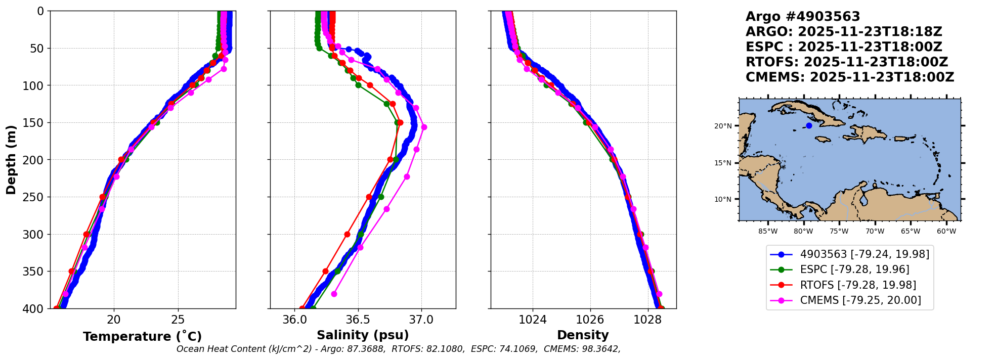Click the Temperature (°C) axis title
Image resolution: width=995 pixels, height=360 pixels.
[x=142, y=336]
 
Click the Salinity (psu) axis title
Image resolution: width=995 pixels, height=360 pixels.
[x=363, y=335]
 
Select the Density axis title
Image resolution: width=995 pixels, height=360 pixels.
[x=583, y=335]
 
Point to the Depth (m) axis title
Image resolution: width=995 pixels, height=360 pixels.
[x=11, y=159]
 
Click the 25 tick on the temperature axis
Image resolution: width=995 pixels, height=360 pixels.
[x=178, y=320]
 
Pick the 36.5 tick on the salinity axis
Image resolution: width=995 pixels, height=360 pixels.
[x=358, y=320]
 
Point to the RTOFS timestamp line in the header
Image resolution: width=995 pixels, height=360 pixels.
[x=847, y=62]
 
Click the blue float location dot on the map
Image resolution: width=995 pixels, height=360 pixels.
[x=809, y=125]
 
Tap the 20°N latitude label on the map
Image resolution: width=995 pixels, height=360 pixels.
[x=723, y=126]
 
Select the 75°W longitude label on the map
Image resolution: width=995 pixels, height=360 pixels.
[x=839, y=232]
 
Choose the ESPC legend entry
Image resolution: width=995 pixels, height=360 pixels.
[x=854, y=269]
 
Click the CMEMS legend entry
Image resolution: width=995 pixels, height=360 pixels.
[x=860, y=300]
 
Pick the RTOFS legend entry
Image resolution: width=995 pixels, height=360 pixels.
[x=858, y=285]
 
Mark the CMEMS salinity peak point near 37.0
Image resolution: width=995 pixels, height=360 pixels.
[x=424, y=127]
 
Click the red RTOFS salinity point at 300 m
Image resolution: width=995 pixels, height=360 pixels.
[x=347, y=234]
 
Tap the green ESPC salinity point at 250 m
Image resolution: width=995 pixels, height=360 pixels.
[x=381, y=197]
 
